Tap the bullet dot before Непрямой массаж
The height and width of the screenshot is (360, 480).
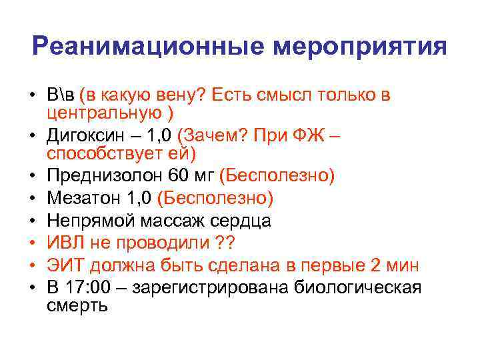[x=31, y=221]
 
